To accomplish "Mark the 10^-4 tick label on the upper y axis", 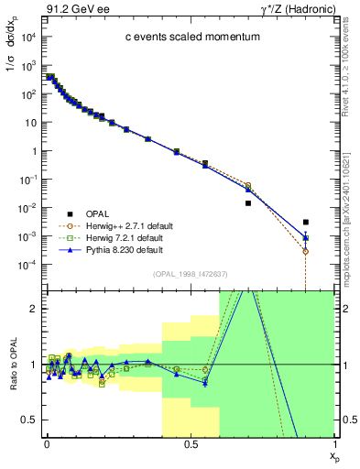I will [25, 265].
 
